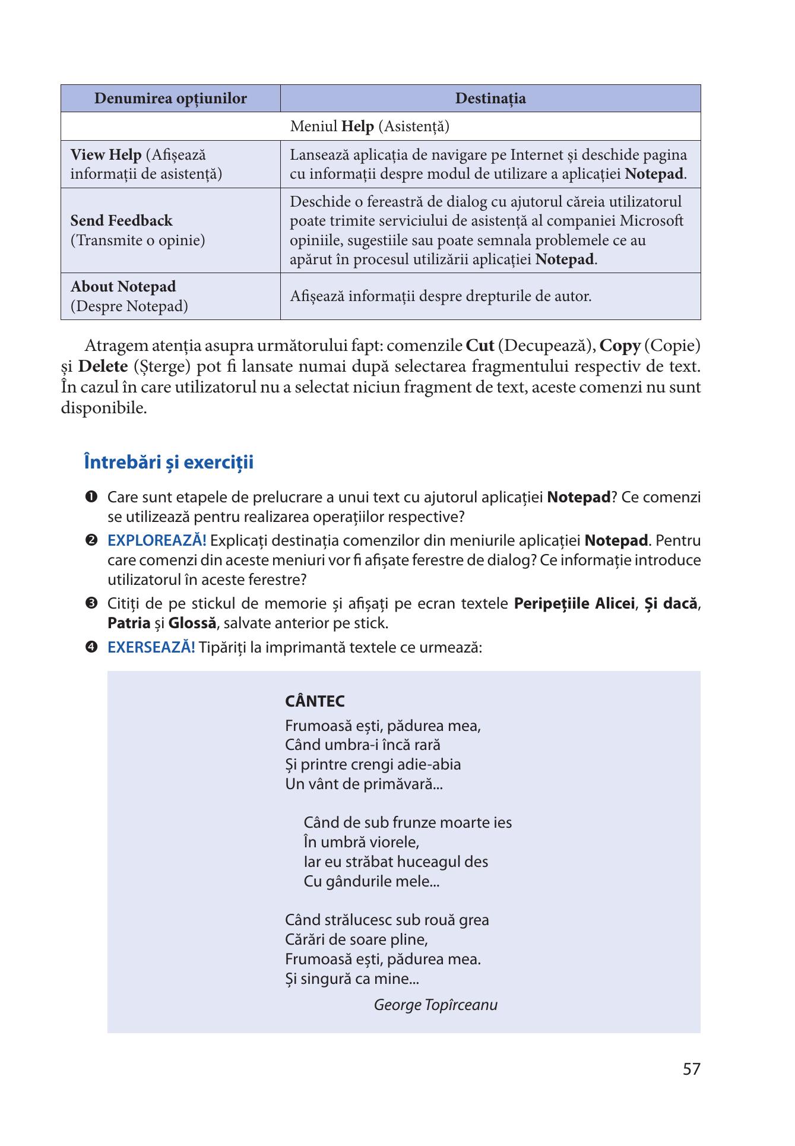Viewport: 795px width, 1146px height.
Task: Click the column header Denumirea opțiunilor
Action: tap(170, 99)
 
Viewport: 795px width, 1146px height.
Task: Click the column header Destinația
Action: tap(490, 99)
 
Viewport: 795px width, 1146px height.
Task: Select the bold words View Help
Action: tap(106, 156)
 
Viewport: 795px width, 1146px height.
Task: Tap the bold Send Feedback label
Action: tap(121, 221)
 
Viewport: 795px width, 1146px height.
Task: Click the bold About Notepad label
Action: tap(123, 287)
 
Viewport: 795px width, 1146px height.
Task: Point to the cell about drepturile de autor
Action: tap(441, 296)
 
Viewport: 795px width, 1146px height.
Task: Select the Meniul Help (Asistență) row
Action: tap(369, 126)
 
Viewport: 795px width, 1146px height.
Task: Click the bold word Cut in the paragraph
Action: tap(480, 346)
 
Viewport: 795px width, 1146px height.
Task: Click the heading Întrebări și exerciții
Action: tap(169, 462)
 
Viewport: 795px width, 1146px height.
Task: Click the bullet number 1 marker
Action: tap(91, 496)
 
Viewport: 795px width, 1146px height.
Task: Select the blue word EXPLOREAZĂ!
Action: tap(157, 541)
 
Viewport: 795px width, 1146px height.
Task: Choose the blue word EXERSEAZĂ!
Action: tap(151, 647)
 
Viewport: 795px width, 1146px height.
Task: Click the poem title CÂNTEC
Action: tap(315, 702)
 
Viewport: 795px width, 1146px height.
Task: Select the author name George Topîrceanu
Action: tap(435, 1005)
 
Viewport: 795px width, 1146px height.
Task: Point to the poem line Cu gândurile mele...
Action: tap(371, 881)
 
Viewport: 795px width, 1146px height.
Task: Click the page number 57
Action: tap(691, 1069)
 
